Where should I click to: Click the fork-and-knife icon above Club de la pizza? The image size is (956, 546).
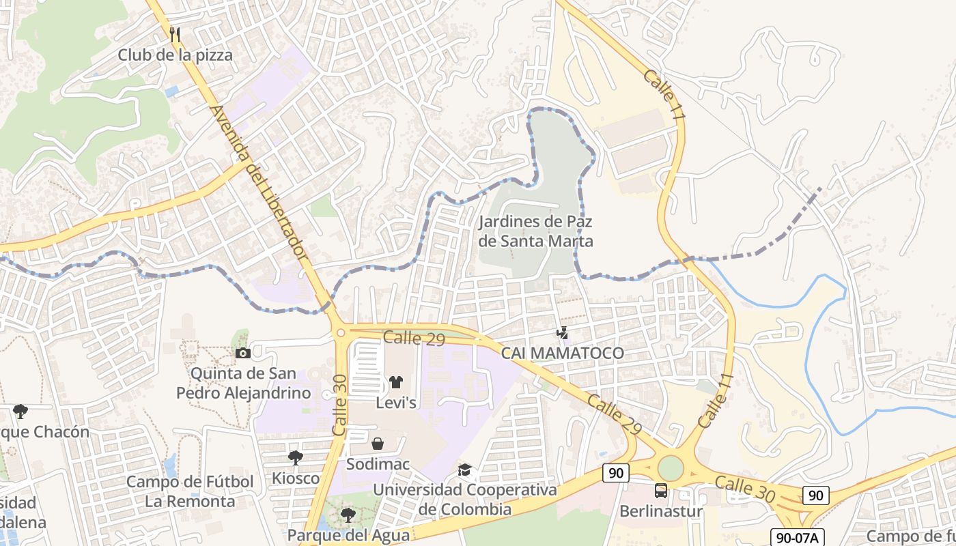pos(175,34)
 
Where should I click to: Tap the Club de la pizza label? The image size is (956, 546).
pos(175,55)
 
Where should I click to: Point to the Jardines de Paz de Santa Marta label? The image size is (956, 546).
pos(535,231)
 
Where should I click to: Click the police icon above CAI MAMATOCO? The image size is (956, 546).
pos(562,333)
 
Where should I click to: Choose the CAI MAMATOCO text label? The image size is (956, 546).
pos(563,353)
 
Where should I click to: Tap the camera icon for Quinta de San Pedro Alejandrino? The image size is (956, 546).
pos(242,353)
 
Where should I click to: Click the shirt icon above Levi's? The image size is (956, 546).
pos(396,382)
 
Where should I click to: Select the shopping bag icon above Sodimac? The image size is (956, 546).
pos(378,444)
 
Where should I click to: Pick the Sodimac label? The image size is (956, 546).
pos(378,464)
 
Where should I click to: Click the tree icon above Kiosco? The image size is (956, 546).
pos(295,457)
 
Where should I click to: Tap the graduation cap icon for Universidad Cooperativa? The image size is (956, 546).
pos(465,470)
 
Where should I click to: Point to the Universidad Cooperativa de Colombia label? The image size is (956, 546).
pos(465,500)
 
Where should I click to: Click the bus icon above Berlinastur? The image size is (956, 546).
pos(661,490)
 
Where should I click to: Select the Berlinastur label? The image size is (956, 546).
pos(661,511)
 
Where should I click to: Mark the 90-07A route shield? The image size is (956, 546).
pos(797,537)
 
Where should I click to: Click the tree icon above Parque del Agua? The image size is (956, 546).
pos(348,515)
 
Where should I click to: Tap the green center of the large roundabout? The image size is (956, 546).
pos(671,468)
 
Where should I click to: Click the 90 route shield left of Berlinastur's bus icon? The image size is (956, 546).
pos(616,473)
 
